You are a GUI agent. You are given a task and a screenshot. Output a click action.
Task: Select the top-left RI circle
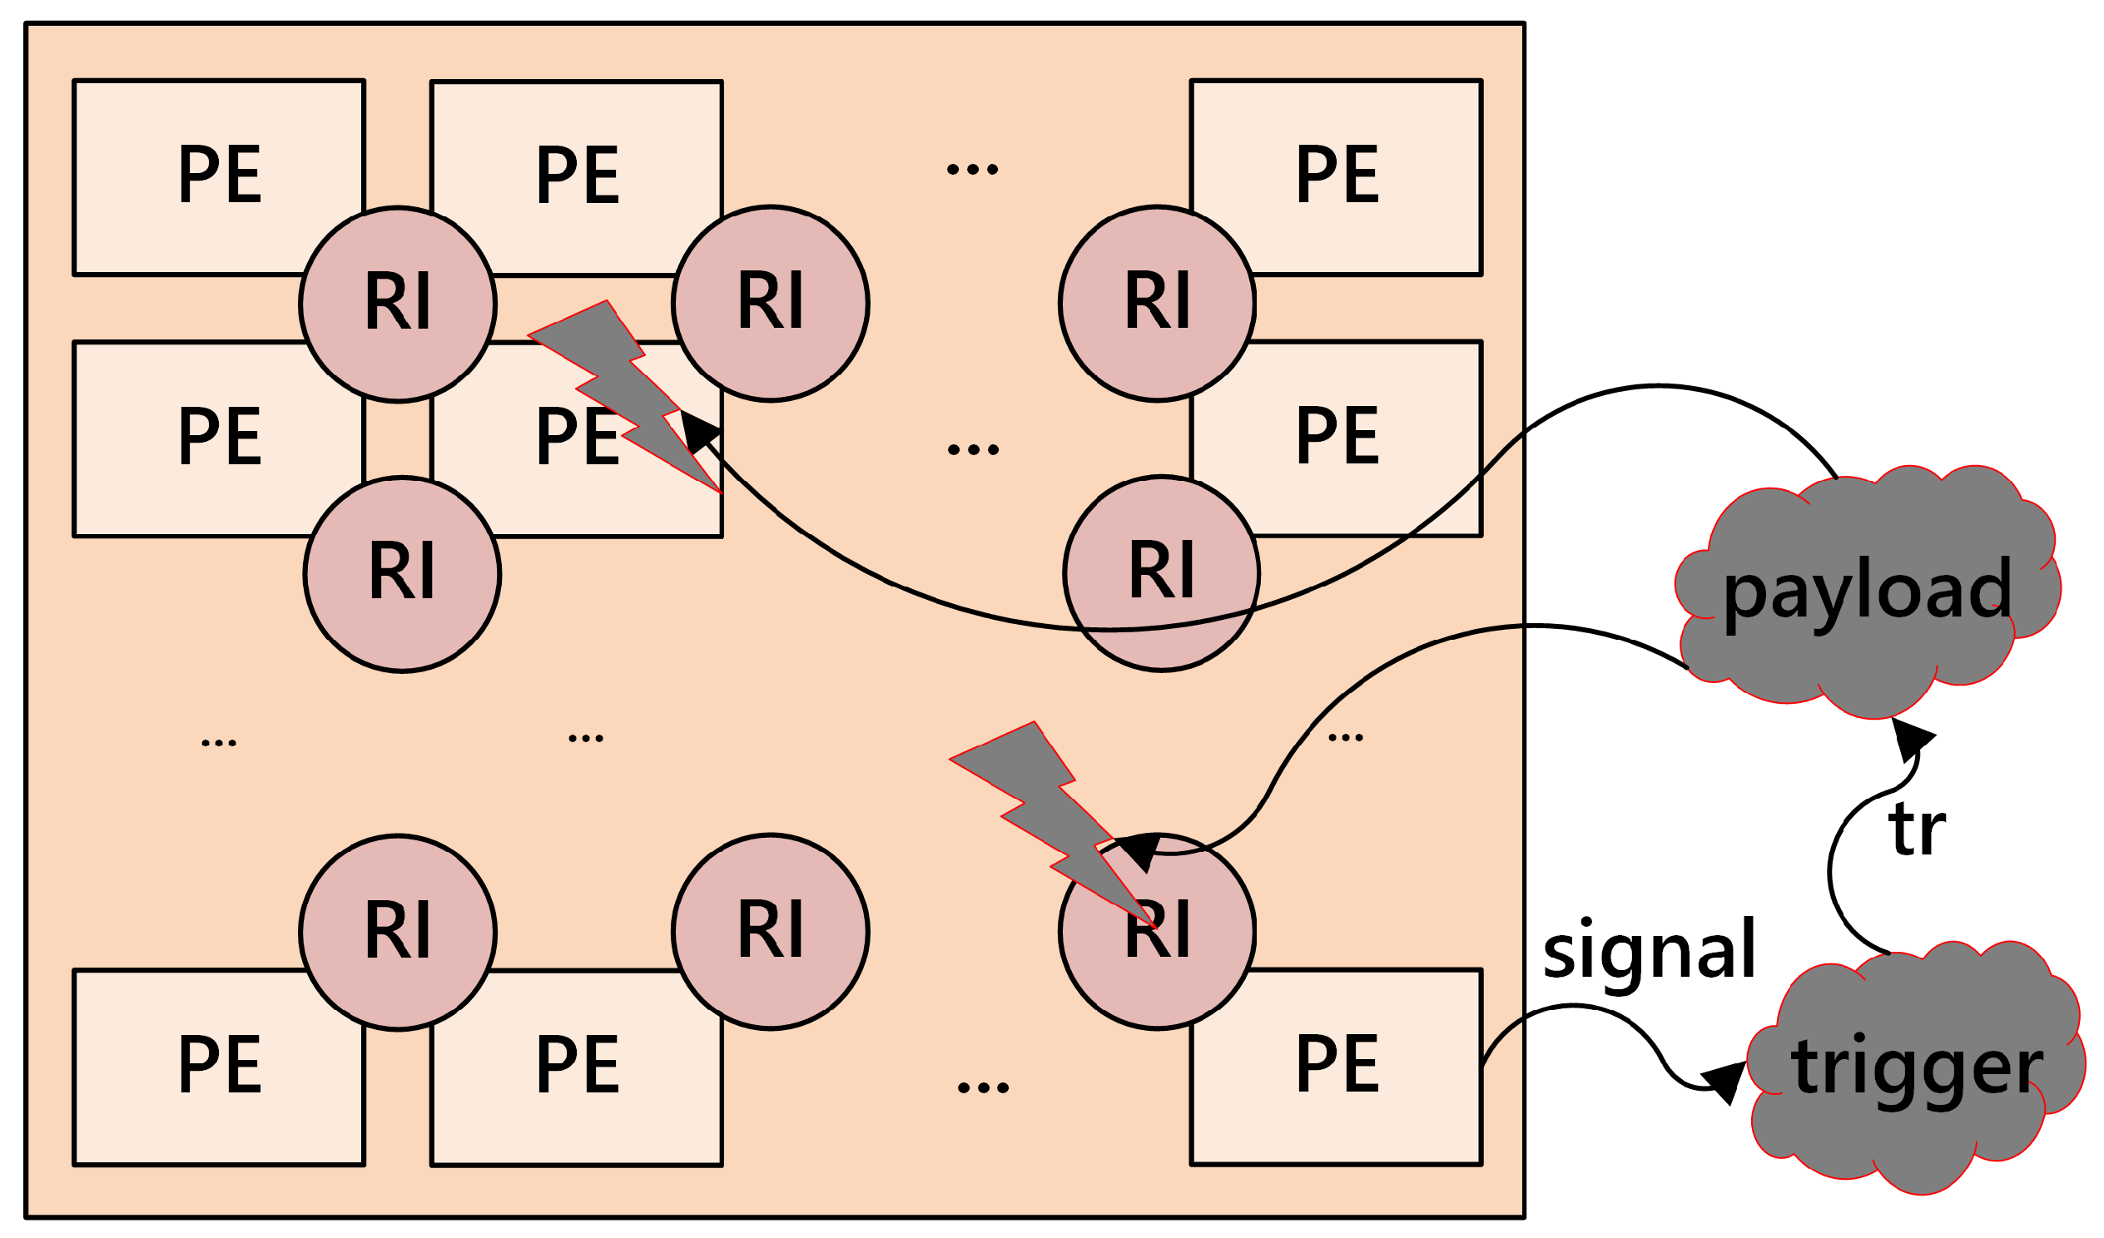399,305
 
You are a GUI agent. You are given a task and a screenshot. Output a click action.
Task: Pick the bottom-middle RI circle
771,932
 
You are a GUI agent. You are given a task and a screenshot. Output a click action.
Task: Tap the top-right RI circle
1157,304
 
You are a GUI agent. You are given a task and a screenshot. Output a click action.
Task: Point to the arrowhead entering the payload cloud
1911,739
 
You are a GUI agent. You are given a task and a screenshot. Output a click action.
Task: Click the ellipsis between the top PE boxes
973,170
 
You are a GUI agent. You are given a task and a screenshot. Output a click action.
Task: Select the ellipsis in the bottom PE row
983,1087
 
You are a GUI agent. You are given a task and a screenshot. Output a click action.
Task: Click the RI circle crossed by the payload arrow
1161,573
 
